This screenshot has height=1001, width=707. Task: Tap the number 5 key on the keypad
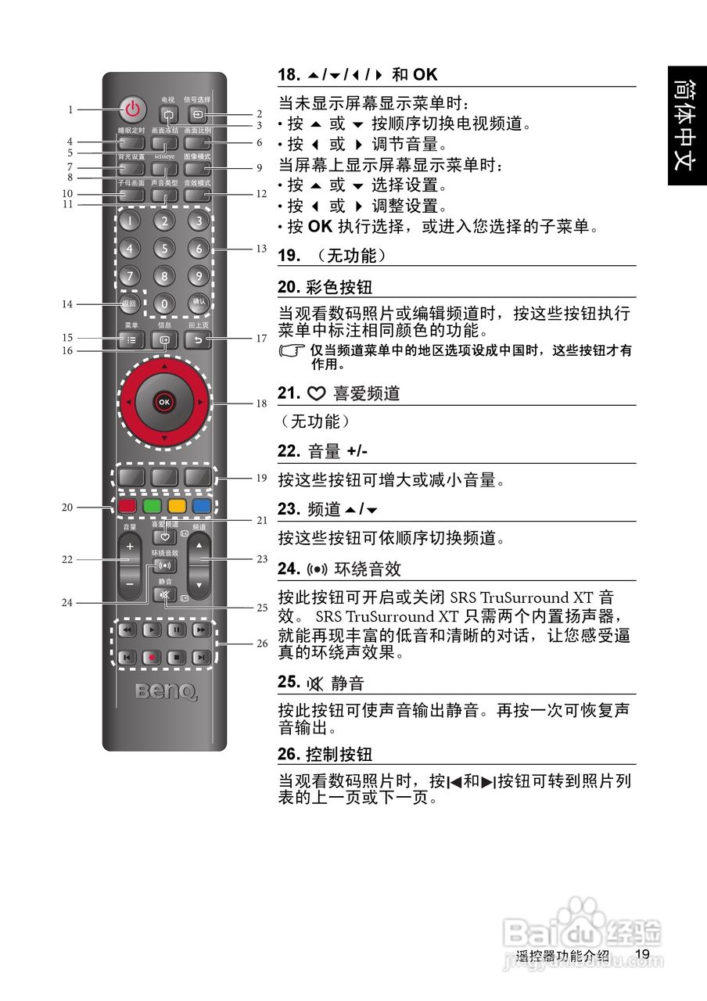click(164, 249)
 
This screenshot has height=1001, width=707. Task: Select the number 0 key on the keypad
click(164, 303)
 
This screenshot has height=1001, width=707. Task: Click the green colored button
click(152, 505)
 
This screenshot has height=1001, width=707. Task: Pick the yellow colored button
click(177, 505)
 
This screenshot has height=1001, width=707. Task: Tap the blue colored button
click(202, 505)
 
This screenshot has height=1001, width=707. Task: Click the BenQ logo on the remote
click(164, 691)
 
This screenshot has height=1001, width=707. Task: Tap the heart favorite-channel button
click(164, 536)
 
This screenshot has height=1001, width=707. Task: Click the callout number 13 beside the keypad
click(261, 249)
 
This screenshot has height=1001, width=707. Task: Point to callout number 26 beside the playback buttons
click(261, 644)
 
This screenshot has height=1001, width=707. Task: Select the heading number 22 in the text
click(288, 451)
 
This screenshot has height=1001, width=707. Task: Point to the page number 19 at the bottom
click(643, 954)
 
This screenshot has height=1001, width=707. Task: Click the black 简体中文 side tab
click(686, 125)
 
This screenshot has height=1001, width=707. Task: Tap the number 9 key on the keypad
click(199, 276)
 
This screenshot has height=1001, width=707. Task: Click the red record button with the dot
click(152, 658)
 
